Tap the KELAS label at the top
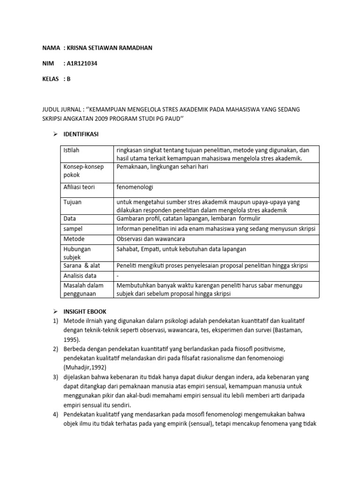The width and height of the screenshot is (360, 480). point(51,79)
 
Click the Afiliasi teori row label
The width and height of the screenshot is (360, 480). point(79,187)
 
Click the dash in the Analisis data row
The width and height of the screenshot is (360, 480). point(118,276)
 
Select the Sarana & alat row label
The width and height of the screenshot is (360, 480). point(80,266)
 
